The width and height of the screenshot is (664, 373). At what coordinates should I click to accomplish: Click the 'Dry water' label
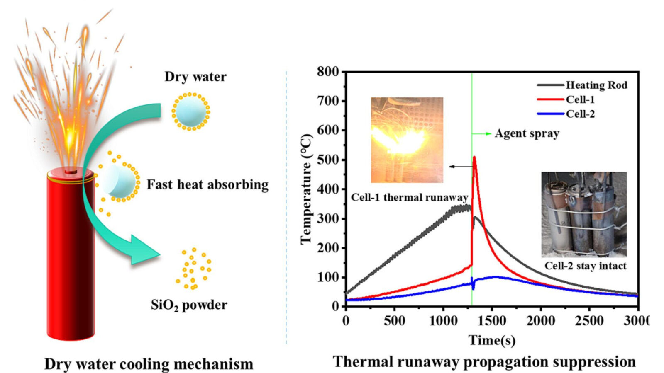(195, 77)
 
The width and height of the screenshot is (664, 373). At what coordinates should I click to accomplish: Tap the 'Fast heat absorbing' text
(207, 184)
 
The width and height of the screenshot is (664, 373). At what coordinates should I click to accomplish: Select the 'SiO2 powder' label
(189, 305)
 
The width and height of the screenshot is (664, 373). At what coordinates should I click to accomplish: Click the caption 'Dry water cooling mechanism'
(149, 364)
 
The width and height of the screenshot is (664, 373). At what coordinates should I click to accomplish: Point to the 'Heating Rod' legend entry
(596, 85)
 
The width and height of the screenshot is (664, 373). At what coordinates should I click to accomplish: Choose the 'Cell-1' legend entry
(580, 99)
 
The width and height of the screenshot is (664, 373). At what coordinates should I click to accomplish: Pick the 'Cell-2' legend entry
(580, 114)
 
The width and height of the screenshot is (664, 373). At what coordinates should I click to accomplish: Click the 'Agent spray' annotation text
(527, 133)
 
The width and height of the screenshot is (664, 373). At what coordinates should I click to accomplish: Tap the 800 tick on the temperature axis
(328, 72)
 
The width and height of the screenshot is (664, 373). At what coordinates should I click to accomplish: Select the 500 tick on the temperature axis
(328, 160)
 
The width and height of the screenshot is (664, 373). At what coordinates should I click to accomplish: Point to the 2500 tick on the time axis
(589, 320)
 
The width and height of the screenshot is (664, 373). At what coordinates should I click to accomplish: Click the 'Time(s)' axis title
(492, 340)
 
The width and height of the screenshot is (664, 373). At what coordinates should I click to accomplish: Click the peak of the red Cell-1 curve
(474, 157)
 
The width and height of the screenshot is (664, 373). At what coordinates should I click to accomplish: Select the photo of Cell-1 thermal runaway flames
(407, 140)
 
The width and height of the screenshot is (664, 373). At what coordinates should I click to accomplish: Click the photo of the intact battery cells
(584, 214)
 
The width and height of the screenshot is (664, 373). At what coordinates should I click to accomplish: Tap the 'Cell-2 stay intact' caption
(585, 266)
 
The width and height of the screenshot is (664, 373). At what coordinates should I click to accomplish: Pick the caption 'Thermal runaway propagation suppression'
(484, 362)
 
